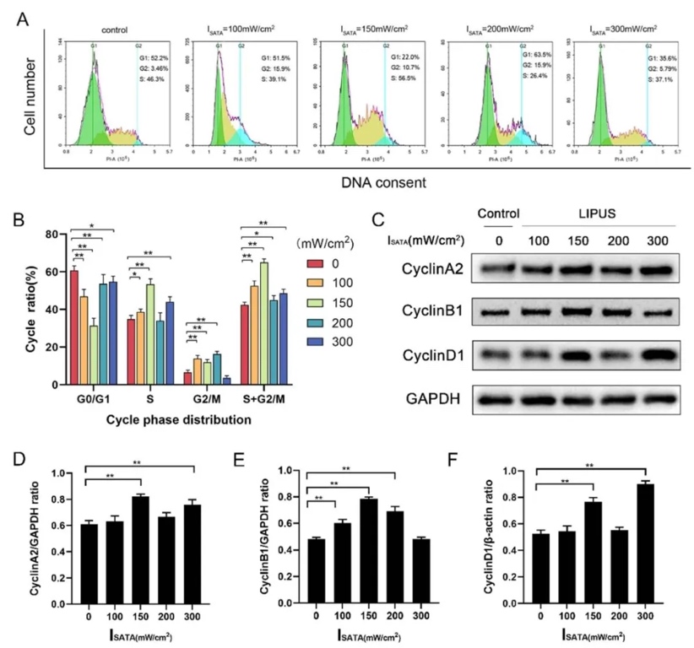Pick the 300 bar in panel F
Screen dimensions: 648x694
646,544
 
